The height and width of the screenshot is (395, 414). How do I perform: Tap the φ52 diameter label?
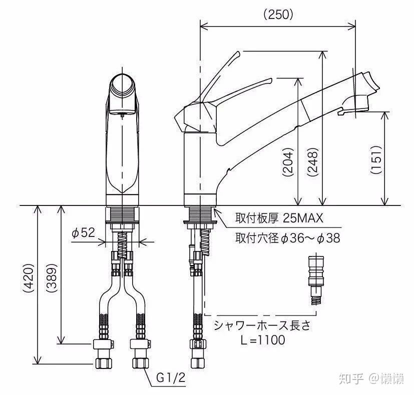coord(83,232)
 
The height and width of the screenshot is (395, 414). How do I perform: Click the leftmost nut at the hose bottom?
coord(103,360)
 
